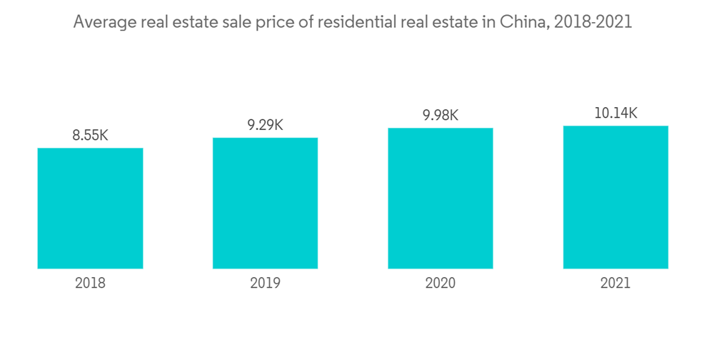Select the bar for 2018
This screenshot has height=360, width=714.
90,208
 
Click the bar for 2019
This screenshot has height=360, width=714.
265,203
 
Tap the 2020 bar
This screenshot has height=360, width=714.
441,198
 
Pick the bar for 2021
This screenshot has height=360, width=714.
615,197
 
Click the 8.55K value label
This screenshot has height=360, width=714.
90,135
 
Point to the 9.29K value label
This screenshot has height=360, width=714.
265,125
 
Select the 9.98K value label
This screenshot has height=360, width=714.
441,115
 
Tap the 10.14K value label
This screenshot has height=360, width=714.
615,113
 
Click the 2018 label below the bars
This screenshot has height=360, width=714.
90,283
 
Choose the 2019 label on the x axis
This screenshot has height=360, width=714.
265,283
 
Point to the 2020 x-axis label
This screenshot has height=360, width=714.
441,283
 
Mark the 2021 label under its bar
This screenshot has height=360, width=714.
615,283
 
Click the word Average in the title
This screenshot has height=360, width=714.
102,22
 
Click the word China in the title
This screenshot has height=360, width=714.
524,22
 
